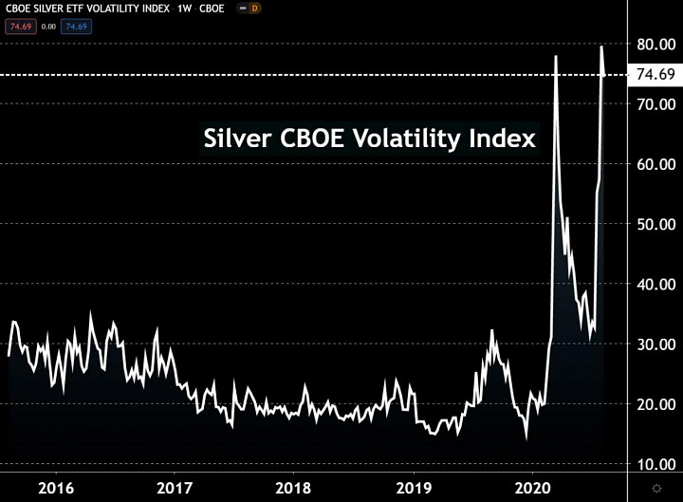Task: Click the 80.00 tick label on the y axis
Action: tap(656, 45)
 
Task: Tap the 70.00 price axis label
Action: tap(656, 104)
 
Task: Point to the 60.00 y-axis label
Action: tap(656, 164)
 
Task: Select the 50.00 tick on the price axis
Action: tap(656, 224)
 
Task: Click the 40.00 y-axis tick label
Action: tap(656, 284)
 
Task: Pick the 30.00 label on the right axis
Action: tap(656, 344)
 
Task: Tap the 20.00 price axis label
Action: tap(656, 404)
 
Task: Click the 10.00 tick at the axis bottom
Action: tap(656, 464)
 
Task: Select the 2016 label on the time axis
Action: tap(56, 488)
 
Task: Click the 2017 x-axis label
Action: tap(175, 488)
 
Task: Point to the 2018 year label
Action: tap(293, 488)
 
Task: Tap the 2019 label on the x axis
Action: tap(414, 488)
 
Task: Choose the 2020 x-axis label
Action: tap(532, 488)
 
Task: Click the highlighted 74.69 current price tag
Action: tap(655, 75)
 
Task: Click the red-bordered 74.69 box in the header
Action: tap(21, 27)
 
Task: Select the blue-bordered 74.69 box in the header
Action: tap(76, 27)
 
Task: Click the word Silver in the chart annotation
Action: tap(237, 139)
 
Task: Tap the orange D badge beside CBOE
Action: tap(254, 9)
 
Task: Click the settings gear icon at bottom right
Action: tap(656, 488)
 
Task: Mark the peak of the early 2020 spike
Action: tap(556, 56)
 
